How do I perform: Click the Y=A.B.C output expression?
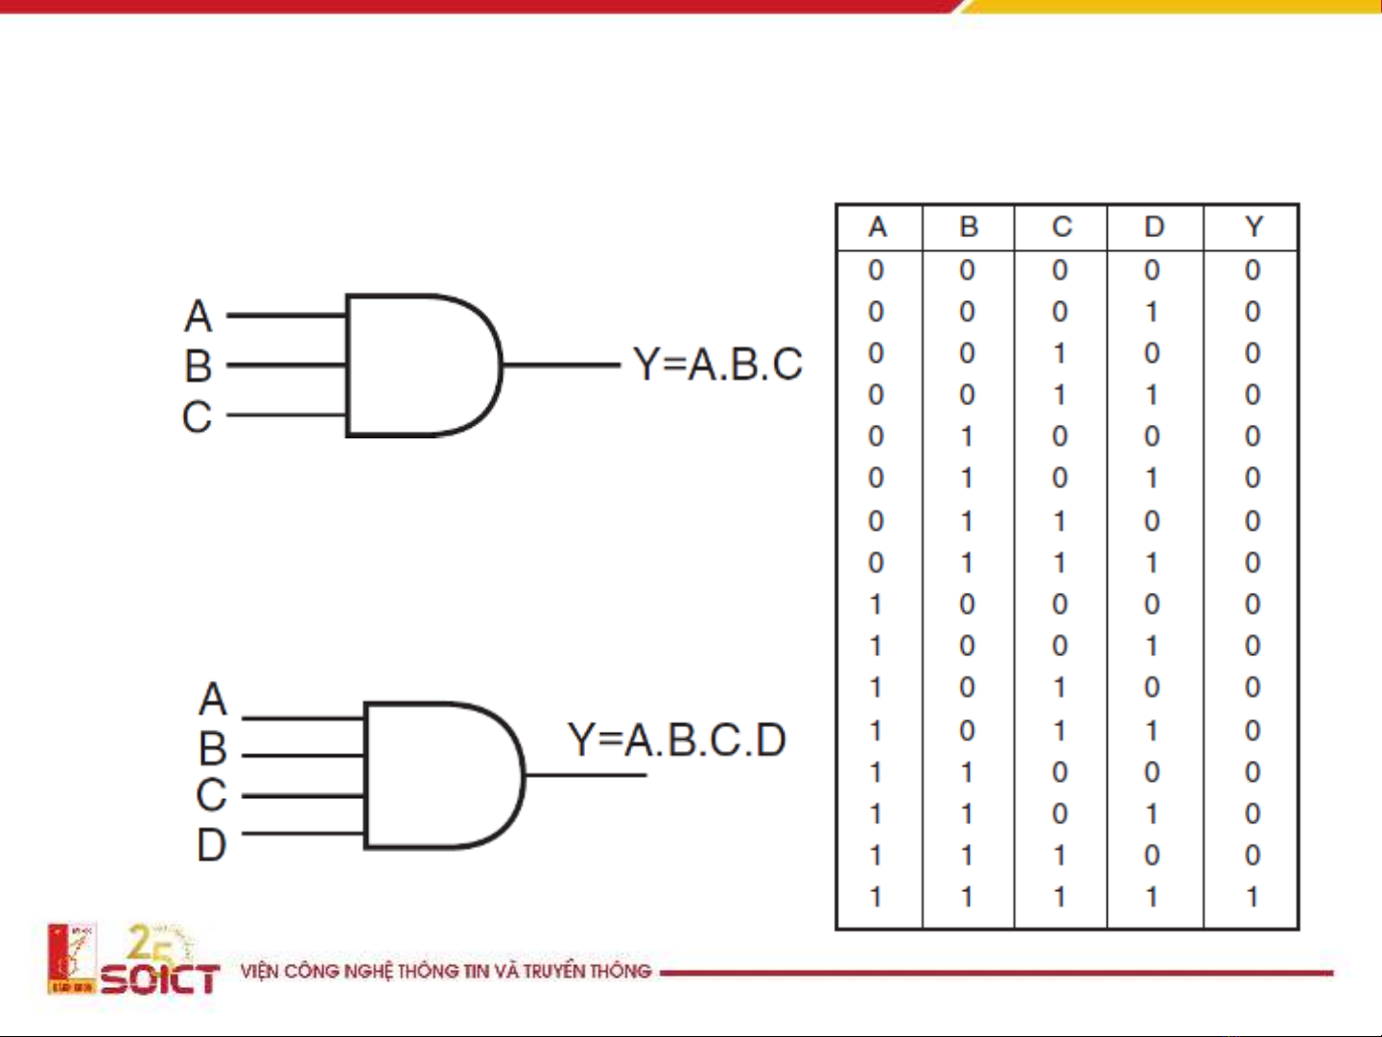tap(717, 365)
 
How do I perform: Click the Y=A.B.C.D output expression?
tap(677, 740)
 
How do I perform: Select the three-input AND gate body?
tap(417, 365)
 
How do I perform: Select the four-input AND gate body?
tap(436, 775)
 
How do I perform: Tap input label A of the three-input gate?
tap(199, 316)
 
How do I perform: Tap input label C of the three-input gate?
tap(197, 417)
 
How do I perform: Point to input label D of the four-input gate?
tap(212, 845)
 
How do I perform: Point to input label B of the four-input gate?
tap(213, 748)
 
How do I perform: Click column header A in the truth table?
tap(877, 227)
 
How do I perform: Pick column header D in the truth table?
tap(1154, 227)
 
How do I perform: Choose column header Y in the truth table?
tap(1253, 227)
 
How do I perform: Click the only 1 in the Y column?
tap(1253, 897)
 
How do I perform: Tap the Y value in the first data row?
tap(1253, 271)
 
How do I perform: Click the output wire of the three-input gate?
tap(561, 365)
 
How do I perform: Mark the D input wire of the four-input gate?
tap(303, 833)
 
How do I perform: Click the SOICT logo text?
tap(160, 979)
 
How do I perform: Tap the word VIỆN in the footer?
tap(259, 971)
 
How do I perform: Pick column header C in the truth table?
tap(1061, 227)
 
